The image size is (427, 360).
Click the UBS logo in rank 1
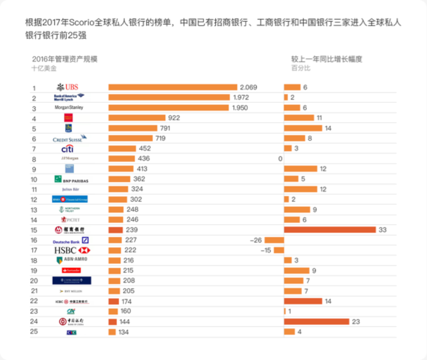click(x=68, y=87)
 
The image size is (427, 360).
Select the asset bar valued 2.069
click(x=173, y=87)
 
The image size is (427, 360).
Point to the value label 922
click(x=174, y=118)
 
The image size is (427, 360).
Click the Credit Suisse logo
click(x=69, y=138)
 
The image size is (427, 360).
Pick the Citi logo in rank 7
click(x=68, y=149)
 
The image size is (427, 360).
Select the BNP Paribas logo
click(x=71, y=179)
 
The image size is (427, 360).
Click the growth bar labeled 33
click(x=330, y=230)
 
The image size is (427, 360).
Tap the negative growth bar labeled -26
click(x=274, y=240)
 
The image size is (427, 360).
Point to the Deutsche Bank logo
click(x=71, y=240)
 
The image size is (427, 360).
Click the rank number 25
click(x=34, y=331)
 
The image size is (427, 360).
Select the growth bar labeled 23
click(x=316, y=322)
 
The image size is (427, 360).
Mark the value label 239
click(x=131, y=230)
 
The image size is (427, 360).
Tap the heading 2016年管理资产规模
click(x=65, y=59)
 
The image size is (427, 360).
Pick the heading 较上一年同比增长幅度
click(x=327, y=59)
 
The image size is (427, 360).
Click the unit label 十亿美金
click(x=44, y=68)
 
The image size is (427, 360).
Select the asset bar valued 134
click(x=112, y=332)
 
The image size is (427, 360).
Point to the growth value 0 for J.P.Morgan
click(x=280, y=159)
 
